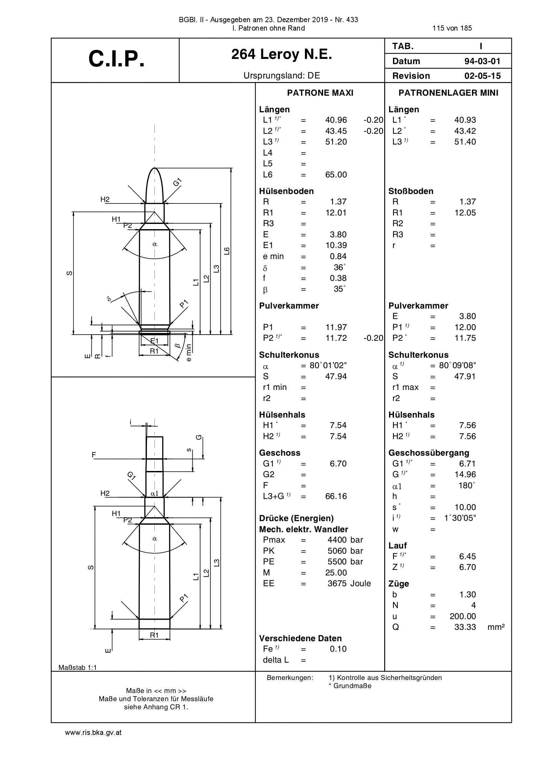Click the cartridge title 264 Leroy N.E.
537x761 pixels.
[x=282, y=54]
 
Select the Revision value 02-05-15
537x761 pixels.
[x=482, y=76]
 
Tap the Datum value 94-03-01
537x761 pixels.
[x=482, y=61]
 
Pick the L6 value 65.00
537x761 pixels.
[x=336, y=175]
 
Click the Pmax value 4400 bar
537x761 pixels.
[x=345, y=540]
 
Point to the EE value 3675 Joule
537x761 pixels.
[x=349, y=584]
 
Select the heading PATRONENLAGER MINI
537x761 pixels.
[x=448, y=93]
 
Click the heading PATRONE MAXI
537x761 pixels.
[x=320, y=93]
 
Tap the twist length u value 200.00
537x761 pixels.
[x=463, y=616]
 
